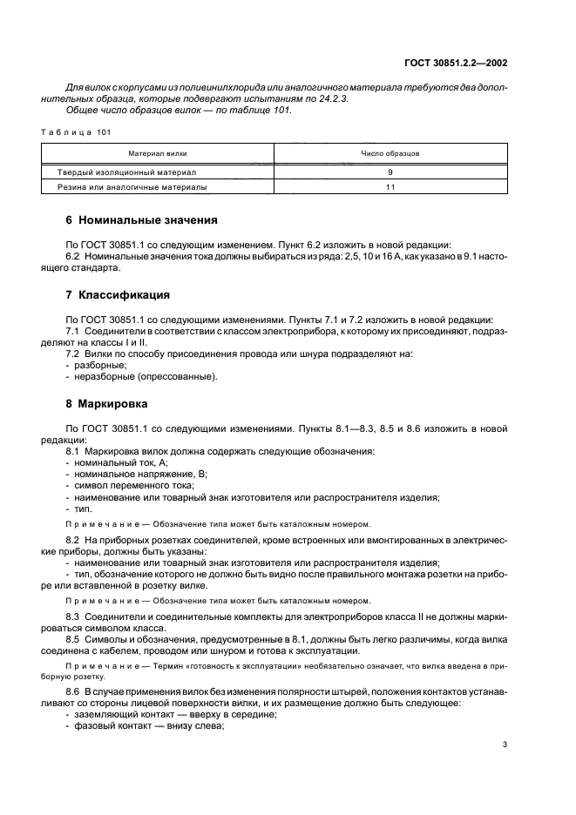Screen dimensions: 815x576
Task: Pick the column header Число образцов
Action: click(390, 152)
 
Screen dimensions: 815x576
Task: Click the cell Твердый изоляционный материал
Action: click(127, 172)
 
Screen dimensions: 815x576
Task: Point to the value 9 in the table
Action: click(390, 172)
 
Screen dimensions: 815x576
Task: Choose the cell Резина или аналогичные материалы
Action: click(132, 186)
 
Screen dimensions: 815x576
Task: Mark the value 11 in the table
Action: click(390, 186)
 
